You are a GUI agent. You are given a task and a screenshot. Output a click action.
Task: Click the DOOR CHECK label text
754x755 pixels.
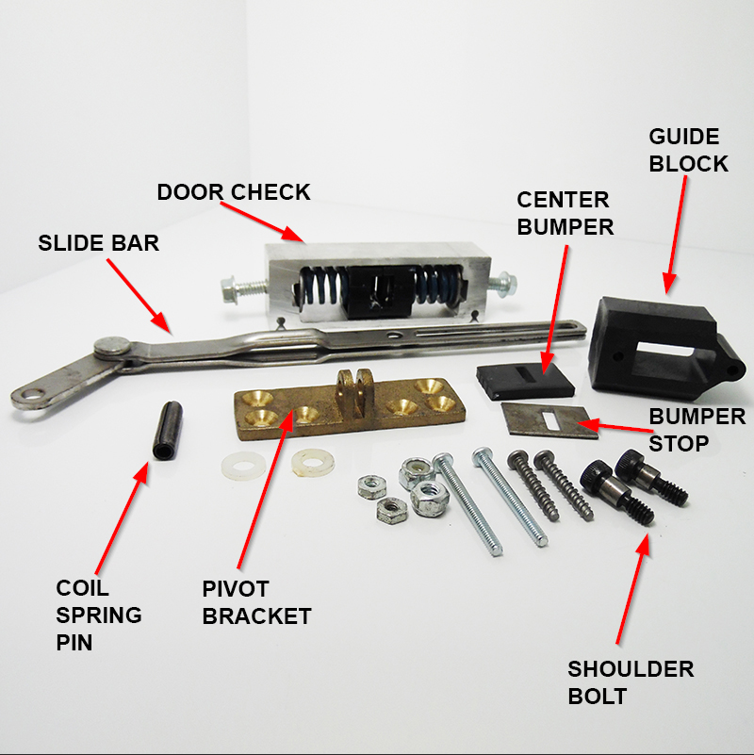(233, 192)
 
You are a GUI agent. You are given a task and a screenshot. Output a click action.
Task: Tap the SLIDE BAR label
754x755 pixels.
(98, 242)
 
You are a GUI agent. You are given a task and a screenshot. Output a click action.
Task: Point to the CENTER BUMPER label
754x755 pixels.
(565, 213)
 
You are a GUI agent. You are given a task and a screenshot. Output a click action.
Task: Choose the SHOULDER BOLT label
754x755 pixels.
(630, 682)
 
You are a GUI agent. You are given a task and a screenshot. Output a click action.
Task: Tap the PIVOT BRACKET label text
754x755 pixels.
(256, 602)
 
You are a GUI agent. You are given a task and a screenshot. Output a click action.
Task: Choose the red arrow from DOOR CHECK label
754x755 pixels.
(280, 224)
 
